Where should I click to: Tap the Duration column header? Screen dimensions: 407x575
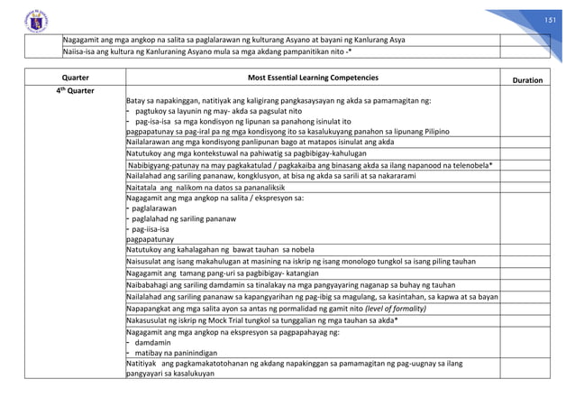pos(527,80)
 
